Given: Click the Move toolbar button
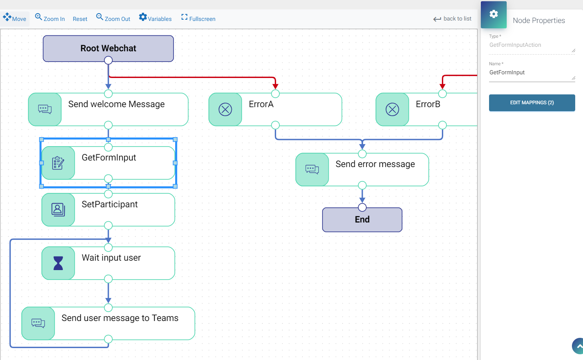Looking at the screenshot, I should pos(15,18).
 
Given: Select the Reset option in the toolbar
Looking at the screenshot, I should pos(80,19).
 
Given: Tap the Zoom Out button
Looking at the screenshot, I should pos(113,18).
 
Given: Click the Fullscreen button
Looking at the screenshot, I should pos(198,18).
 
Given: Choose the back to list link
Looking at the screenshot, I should pos(453,19).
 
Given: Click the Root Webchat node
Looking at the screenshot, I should pos(108,48).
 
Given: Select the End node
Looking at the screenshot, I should pos(362,220).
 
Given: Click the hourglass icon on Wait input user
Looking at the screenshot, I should pos(58,263).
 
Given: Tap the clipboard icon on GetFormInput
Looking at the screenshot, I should pos(58,163).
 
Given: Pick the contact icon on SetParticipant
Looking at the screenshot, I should pos(58,210).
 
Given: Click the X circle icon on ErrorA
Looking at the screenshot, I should pos(225,110).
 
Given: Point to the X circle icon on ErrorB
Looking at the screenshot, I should pos(392,110).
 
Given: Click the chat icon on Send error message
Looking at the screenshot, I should pos(312,170).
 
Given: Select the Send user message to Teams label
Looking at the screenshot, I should pos(120,318).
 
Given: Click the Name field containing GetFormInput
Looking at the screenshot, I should pos(531,73).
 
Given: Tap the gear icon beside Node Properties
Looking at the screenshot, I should pos(494,14).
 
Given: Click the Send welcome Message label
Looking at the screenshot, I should pos(117,104).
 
